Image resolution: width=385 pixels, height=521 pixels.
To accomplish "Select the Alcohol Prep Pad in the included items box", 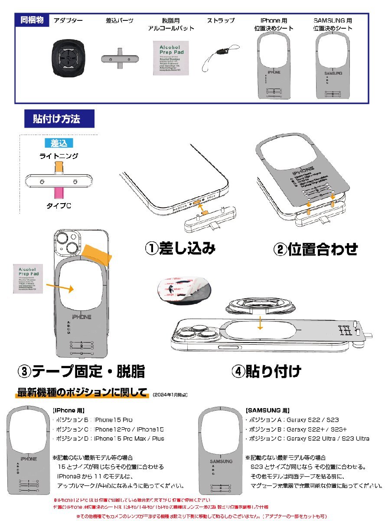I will pos(170,58).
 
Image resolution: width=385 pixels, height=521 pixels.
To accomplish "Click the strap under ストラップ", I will pos(221,57).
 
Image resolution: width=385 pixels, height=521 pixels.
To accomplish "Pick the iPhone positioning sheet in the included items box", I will pos(274,65).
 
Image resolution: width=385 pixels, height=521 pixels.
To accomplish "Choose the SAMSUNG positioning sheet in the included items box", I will pos(333,65).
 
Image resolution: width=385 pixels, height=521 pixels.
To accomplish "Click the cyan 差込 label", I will pos(59,143).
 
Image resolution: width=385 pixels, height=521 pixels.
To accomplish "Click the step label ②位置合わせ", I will pos(316,249).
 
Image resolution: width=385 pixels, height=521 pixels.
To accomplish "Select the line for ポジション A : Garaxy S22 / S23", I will pos(292,420).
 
